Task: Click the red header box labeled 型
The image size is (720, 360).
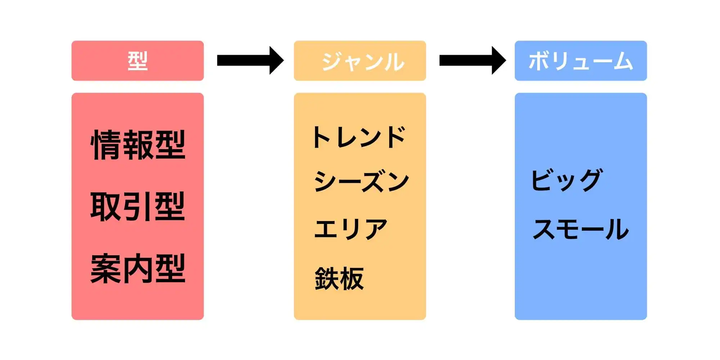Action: (x=138, y=60)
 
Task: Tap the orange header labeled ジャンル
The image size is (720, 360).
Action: (x=360, y=60)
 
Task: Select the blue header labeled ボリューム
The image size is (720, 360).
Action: (x=581, y=60)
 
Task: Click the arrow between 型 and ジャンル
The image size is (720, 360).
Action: (x=250, y=60)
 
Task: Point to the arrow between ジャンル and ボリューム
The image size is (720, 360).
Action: (x=472, y=60)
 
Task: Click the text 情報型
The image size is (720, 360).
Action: (x=138, y=145)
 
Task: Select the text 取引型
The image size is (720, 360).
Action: (x=138, y=206)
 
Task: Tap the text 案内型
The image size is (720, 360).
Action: (x=138, y=269)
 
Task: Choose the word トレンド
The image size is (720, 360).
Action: (x=359, y=137)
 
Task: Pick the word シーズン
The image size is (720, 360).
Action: (x=361, y=181)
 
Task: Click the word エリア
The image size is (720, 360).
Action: (x=351, y=229)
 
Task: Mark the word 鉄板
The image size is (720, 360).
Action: (x=339, y=278)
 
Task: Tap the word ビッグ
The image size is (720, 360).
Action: (x=567, y=180)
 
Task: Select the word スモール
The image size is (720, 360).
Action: (x=580, y=229)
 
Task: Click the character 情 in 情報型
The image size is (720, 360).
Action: (x=106, y=145)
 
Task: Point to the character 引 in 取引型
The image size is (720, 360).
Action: (x=138, y=206)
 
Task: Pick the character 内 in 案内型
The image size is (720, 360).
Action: (x=138, y=269)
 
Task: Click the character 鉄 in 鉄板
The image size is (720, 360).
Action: (x=327, y=278)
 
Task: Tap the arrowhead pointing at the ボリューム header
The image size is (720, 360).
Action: (x=498, y=60)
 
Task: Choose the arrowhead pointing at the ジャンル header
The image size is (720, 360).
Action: (x=276, y=60)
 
